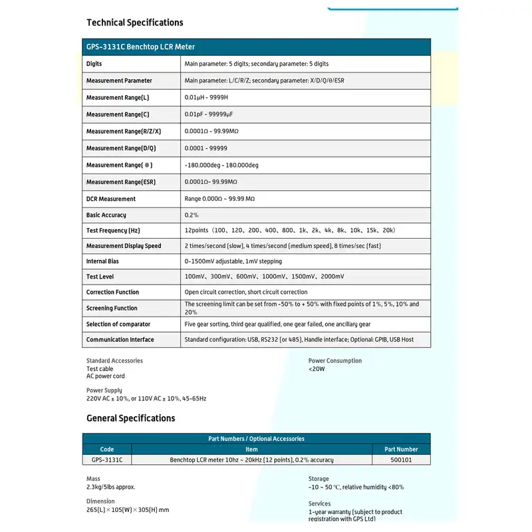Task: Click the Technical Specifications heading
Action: pos(135,23)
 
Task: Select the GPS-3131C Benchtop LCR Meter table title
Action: pos(140,47)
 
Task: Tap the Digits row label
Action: pos(94,64)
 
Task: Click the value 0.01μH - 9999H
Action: pos(206,98)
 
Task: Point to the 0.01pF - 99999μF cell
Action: pos(209,114)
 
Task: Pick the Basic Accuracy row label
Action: pos(106,215)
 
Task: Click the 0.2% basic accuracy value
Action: pos(192,215)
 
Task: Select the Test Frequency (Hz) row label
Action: pos(113,230)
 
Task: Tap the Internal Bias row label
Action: pos(102,261)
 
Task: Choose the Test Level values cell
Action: pos(264,277)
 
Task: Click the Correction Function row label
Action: pos(112,292)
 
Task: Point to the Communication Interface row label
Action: pos(120,340)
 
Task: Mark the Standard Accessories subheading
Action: pos(114,361)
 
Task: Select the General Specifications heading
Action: pos(131,418)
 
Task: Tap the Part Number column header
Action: pos(402,450)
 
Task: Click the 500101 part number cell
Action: pos(402,460)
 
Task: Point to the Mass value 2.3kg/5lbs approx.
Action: pos(110,487)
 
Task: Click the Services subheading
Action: pos(319,504)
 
